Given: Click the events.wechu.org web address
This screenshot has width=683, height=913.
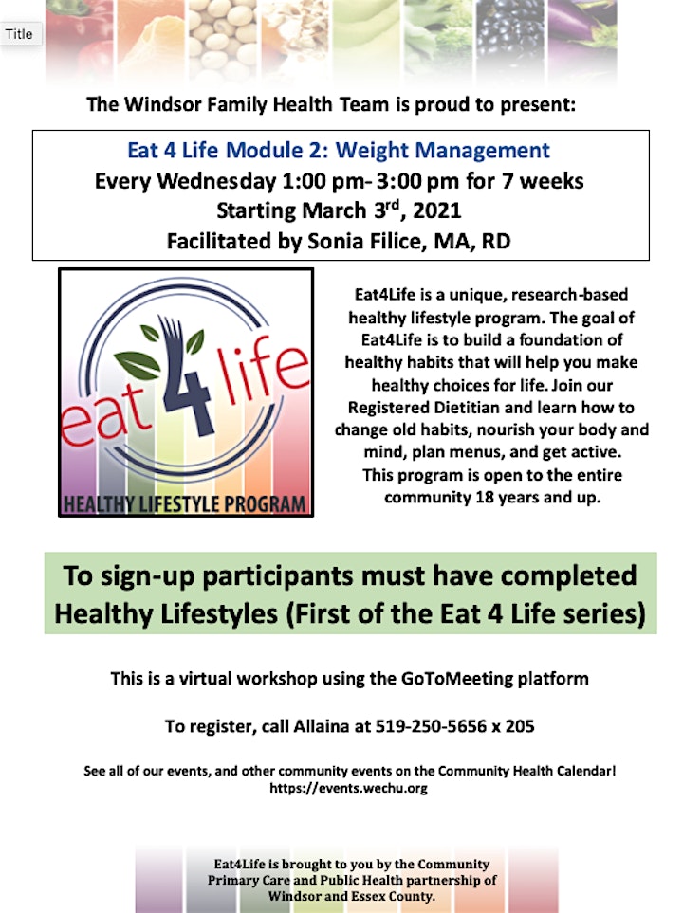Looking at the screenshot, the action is [x=348, y=789].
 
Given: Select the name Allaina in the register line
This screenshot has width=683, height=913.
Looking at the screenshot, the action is [x=321, y=726].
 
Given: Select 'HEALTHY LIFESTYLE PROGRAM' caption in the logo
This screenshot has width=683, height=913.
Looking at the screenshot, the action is [x=185, y=504].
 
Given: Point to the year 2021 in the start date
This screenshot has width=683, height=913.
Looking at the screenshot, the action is [x=437, y=210].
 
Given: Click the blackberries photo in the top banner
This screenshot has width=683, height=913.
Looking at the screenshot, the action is [x=510, y=35].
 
